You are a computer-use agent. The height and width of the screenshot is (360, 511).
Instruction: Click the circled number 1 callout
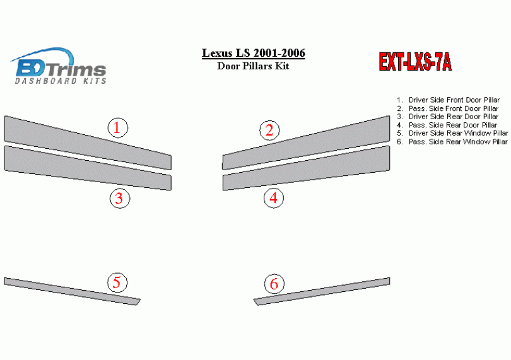(117, 128)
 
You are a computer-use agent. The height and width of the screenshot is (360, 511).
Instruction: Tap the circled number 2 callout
(269, 131)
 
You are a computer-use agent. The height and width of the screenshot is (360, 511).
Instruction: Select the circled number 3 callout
(120, 198)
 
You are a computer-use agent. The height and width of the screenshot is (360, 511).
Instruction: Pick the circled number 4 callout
(274, 198)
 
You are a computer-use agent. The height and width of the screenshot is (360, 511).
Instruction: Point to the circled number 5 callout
(117, 282)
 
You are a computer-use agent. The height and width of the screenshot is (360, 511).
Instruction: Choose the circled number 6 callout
(274, 284)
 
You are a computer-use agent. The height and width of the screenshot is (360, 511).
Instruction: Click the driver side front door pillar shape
(88, 142)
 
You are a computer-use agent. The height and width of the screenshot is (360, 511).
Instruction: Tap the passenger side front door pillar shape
(306, 142)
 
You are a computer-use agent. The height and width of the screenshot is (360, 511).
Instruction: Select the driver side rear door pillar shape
(88, 168)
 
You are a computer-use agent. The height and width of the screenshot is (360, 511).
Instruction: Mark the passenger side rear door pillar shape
(306, 168)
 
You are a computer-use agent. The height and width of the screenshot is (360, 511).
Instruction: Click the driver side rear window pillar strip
(72, 291)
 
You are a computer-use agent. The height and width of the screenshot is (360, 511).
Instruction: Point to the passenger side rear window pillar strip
(322, 291)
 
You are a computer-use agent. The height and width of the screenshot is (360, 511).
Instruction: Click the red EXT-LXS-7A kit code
(415, 62)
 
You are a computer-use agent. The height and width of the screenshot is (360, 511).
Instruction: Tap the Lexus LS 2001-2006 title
(254, 53)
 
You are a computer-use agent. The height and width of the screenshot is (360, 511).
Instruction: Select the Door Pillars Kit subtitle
(253, 66)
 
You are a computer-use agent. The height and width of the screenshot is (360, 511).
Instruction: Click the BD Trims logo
(59, 66)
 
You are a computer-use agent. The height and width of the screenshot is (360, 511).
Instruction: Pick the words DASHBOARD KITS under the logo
(61, 81)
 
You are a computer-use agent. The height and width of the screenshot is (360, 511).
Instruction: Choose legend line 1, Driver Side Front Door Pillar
(448, 100)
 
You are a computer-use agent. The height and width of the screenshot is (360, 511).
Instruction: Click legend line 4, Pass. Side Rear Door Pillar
(447, 125)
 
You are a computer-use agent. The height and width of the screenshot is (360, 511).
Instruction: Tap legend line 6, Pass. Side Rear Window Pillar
(452, 142)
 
